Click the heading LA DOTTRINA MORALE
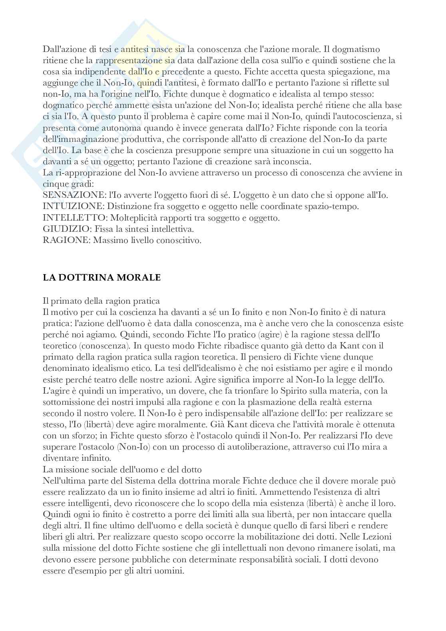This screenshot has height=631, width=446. [102, 278]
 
